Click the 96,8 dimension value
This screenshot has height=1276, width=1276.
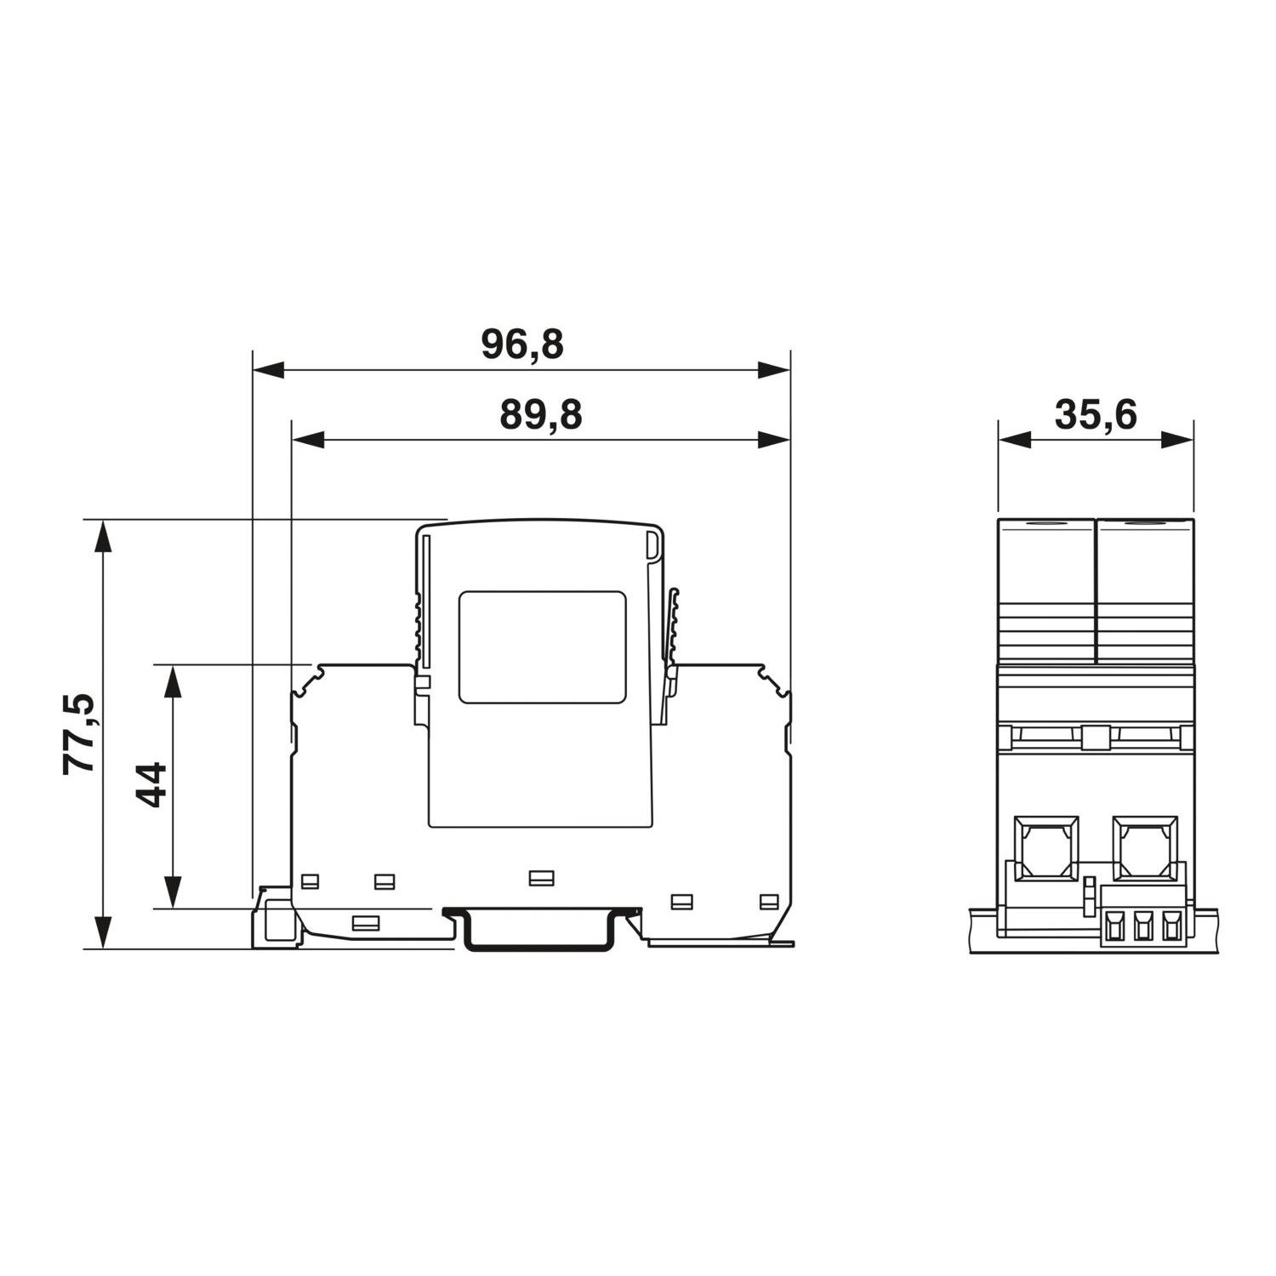click(x=522, y=345)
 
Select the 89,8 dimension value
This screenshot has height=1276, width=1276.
click(x=541, y=416)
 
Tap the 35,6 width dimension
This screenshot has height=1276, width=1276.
click(x=1096, y=415)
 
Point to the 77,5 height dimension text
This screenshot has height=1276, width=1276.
click(x=81, y=733)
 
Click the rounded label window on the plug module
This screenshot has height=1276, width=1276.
click(x=543, y=647)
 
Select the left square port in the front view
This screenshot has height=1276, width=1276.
click(x=1045, y=847)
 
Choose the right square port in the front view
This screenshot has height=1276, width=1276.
click(x=1146, y=847)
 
